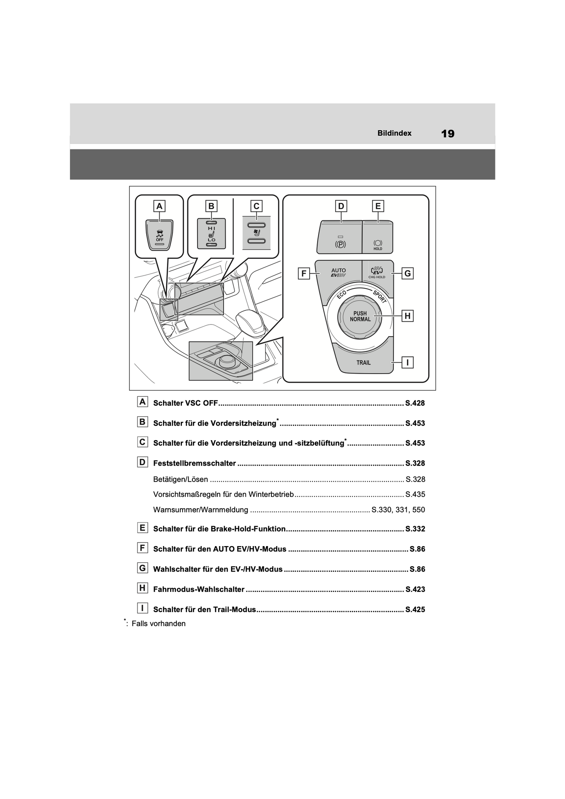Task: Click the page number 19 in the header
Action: click(x=448, y=134)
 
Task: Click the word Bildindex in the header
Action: click(x=394, y=133)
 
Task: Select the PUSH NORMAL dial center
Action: click(x=360, y=316)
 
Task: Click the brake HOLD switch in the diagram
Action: click(x=378, y=237)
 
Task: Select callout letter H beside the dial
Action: click(x=407, y=316)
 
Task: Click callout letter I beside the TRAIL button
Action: click(x=407, y=362)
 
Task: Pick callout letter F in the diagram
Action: click(x=304, y=273)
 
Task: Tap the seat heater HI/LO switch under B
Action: click(x=212, y=233)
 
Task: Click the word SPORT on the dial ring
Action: click(x=380, y=297)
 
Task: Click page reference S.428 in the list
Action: click(x=415, y=403)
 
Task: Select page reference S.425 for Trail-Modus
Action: click(x=415, y=609)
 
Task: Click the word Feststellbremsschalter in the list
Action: click(x=195, y=463)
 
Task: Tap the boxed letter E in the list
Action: click(x=142, y=528)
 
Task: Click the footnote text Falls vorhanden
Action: click(x=159, y=623)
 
